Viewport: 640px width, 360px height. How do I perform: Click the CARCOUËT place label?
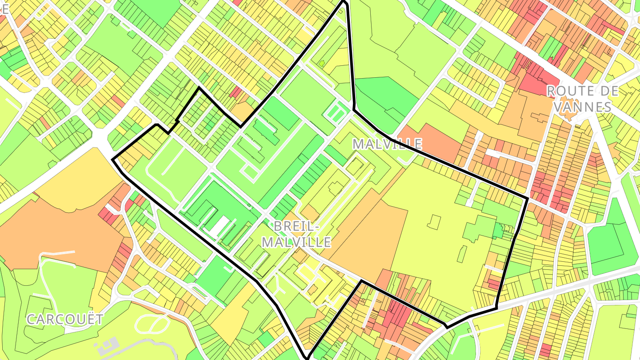pyautogui.click(x=65, y=319)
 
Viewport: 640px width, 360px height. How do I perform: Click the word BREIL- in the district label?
pyautogui.click(x=296, y=226)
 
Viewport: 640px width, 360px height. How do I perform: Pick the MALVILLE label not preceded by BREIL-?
pyautogui.click(x=387, y=144)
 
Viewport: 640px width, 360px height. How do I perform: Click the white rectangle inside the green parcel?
pyautogui.click(x=219, y=227)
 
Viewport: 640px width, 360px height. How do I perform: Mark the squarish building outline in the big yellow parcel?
pyautogui.click(x=434, y=222)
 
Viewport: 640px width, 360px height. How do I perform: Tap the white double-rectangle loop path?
pyautogui.click(x=336, y=112)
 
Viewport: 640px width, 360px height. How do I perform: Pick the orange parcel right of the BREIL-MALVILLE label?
pyautogui.click(x=373, y=236)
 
